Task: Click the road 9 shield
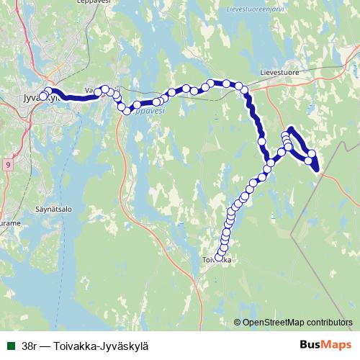point(7,165)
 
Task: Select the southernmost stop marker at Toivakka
point(219,257)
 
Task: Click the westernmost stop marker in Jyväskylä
point(42,96)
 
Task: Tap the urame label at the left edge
point(9,223)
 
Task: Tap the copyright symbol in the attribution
point(238,322)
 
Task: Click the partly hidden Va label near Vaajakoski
point(89,91)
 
